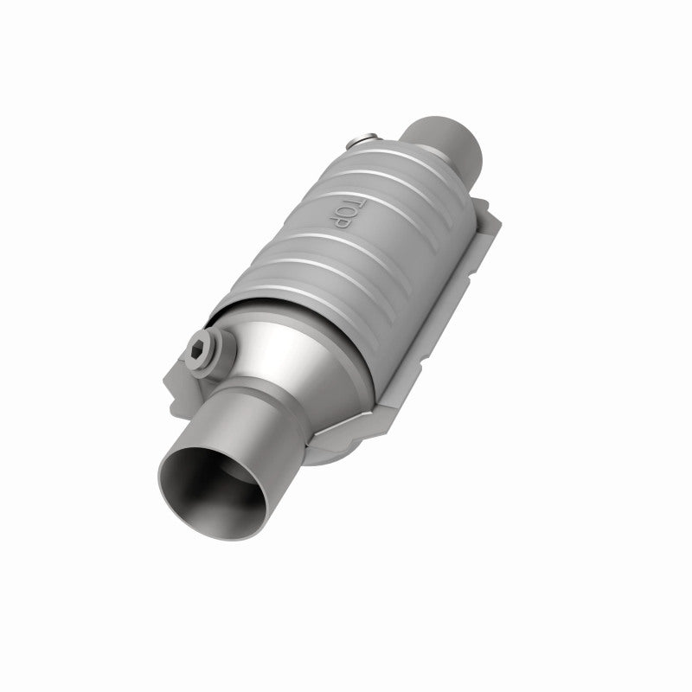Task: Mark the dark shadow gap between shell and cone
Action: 259,298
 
